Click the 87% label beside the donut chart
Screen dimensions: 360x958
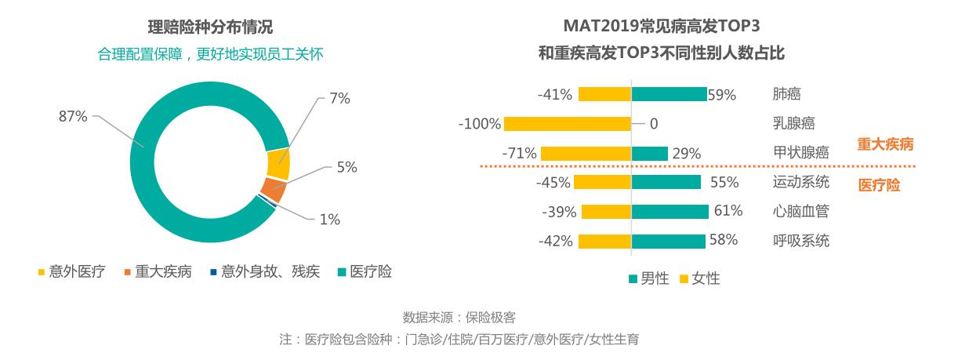[x=73, y=116]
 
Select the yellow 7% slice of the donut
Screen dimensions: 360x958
[x=278, y=164]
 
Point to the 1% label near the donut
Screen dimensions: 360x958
[x=329, y=220]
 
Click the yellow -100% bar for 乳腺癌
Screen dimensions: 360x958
[x=568, y=124]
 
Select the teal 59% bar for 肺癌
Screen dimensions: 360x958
[x=669, y=95]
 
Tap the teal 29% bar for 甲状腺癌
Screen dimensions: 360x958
[x=650, y=154]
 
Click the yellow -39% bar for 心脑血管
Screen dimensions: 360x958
[x=606, y=212]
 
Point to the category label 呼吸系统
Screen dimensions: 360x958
[x=800, y=241]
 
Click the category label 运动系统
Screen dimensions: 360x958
[x=800, y=183]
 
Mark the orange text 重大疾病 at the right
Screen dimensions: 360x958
[x=885, y=145]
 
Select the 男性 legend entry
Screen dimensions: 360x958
[x=648, y=278]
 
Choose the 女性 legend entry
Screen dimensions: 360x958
[x=699, y=278]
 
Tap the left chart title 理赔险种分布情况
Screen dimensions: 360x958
[x=210, y=27]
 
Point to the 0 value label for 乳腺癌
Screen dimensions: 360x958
[x=654, y=124]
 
